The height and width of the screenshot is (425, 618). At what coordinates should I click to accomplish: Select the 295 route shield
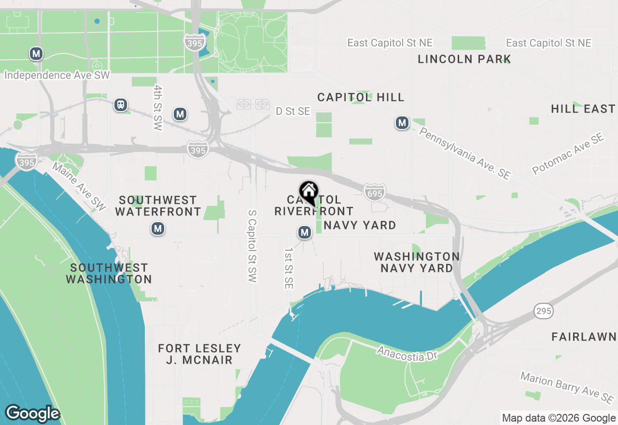tap(544, 311)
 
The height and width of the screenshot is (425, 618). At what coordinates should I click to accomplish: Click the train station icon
tap(121, 104)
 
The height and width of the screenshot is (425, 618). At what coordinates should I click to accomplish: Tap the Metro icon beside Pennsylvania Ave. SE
tap(402, 123)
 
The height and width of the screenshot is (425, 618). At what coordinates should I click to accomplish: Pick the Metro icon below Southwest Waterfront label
tap(157, 228)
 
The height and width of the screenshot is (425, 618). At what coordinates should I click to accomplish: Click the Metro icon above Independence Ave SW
tap(36, 54)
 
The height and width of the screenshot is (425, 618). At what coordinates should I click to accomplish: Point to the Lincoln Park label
tap(464, 59)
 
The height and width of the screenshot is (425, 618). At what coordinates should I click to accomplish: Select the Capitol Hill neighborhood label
tap(361, 98)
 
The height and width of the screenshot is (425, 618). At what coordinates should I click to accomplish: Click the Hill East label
tap(583, 109)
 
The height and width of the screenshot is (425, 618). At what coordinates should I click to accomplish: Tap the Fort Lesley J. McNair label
tap(199, 354)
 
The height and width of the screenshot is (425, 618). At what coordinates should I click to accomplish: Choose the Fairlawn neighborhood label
tap(584, 337)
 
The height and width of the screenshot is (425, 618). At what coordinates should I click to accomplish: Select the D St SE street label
tap(293, 112)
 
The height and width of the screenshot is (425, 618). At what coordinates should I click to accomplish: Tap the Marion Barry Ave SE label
tap(567, 388)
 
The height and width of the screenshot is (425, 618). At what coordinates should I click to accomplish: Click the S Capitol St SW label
tap(252, 246)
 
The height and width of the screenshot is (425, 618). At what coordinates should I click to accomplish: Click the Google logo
tap(32, 414)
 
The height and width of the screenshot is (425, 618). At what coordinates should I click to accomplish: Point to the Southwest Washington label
tap(109, 273)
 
